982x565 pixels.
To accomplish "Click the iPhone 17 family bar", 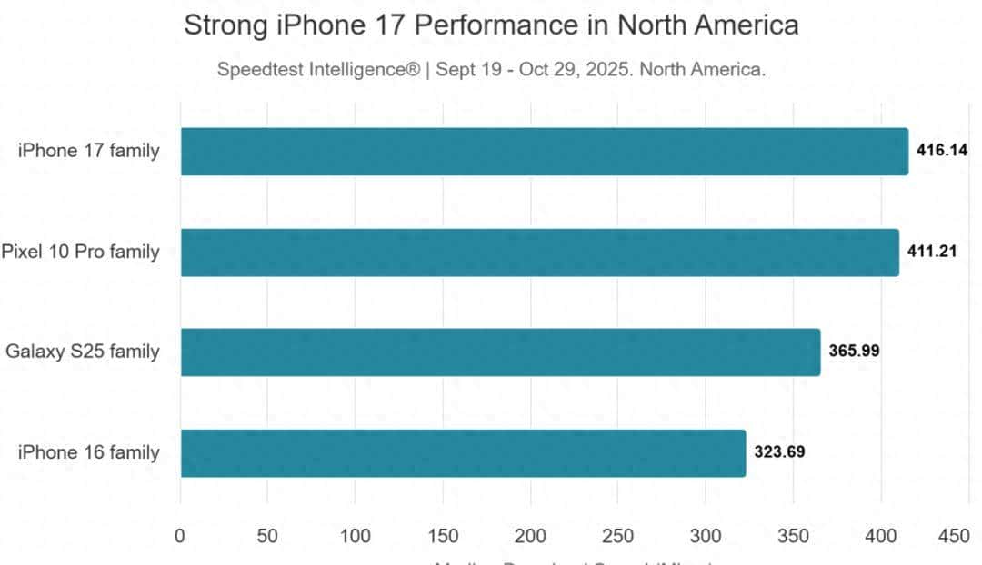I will (544, 151).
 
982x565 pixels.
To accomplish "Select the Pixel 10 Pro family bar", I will (539, 252).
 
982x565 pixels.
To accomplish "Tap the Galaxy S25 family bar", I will (500, 352).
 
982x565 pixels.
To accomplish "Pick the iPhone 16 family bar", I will (463, 452).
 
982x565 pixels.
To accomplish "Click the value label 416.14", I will (942, 151).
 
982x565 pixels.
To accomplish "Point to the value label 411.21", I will (932, 252).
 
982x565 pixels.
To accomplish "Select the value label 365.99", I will (854, 352).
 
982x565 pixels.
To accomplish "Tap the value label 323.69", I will (779, 452).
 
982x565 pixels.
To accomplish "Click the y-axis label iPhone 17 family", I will (88, 151).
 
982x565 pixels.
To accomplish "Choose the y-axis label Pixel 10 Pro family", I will (80, 252).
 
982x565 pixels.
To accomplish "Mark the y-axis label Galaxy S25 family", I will (83, 352).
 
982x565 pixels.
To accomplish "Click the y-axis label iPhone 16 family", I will (88, 452).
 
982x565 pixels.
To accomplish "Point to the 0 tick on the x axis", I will (180, 536).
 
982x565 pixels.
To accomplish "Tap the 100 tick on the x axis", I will (356, 536).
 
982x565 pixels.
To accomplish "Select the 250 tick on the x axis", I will (617, 536).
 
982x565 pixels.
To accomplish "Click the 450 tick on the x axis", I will (954, 536).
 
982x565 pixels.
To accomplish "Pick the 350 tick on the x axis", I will (793, 536).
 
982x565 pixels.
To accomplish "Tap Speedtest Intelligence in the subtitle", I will (319, 70).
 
